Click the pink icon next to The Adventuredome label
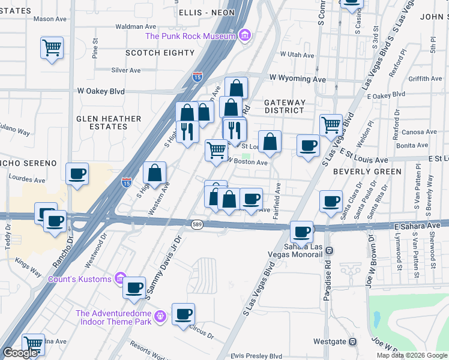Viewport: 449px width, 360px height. pos(160,316)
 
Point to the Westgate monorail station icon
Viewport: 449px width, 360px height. pos(354,342)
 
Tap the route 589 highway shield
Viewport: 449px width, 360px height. pos(197,224)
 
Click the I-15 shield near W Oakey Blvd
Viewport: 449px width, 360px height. pos(197,77)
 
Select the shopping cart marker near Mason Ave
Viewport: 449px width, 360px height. pos(52,47)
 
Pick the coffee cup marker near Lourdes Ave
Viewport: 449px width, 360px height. pos(77,175)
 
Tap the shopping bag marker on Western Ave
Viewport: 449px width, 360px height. pos(155,173)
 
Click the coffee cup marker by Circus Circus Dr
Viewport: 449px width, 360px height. pos(184,314)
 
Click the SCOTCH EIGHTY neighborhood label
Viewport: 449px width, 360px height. pos(160,53)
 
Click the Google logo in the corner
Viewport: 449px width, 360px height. pos(20,353)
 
